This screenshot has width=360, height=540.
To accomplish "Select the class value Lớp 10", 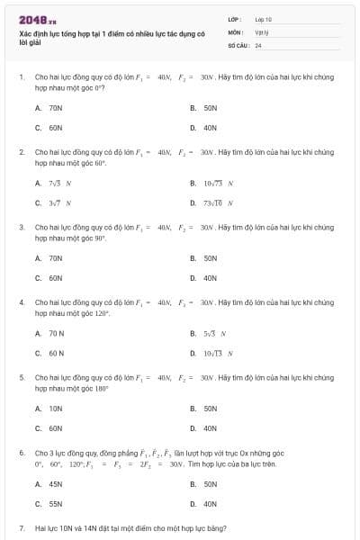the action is (263, 19).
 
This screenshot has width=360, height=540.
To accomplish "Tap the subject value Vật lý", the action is (261, 31).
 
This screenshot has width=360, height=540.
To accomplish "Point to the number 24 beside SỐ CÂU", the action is (258, 44).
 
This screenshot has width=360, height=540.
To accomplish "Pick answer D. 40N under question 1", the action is (210, 128).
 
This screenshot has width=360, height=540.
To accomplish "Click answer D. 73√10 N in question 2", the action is (216, 202).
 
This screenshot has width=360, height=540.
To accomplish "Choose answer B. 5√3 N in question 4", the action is (213, 333).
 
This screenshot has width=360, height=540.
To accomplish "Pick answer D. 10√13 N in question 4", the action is (216, 353).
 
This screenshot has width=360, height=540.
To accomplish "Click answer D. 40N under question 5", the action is (210, 428).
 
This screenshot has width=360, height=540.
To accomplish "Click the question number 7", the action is (21, 528).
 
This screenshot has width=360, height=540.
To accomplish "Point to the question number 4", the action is (21, 302).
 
